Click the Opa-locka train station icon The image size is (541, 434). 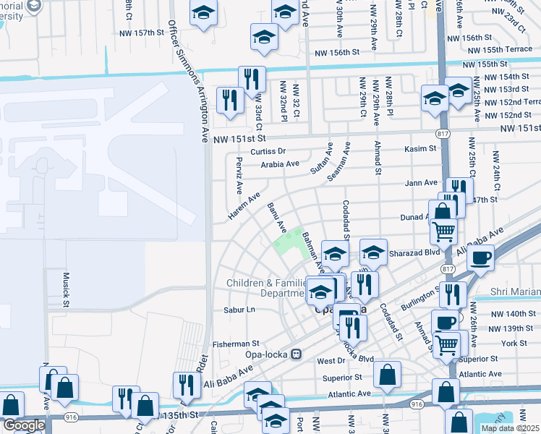[296, 354]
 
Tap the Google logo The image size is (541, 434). [24, 425]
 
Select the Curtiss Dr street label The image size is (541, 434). [268, 151]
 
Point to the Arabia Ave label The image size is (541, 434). [280, 164]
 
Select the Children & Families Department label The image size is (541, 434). [265, 288]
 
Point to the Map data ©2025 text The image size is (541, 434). [511, 428]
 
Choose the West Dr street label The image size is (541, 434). [331, 359]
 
